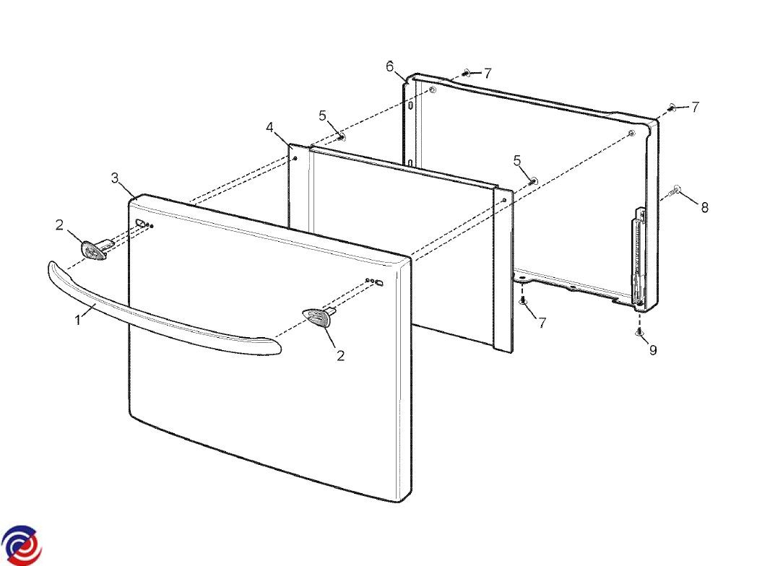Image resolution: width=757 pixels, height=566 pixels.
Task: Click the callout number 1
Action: pos(78,319)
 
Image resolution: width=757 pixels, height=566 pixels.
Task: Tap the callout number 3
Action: pos(115,178)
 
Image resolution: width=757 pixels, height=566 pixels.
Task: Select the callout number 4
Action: pos(269,128)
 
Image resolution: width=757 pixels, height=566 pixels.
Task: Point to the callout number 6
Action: pos(390,66)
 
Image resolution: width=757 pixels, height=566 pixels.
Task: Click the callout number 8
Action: pos(705,207)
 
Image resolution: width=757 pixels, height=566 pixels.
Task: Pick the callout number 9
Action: pos(653,350)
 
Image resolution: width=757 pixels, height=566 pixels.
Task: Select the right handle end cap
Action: pos(319,316)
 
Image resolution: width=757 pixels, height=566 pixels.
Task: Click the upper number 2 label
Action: pos(59,225)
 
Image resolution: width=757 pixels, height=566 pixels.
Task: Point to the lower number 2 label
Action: pos(340,356)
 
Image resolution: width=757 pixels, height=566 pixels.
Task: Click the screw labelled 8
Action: pos(674,191)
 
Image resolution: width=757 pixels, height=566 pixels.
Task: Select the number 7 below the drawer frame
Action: pos(542,323)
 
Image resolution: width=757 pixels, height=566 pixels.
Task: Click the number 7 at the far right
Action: pos(695,107)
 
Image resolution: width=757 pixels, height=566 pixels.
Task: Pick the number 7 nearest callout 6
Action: pos(488,74)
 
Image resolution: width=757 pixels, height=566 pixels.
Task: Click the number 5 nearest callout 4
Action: pos(322,116)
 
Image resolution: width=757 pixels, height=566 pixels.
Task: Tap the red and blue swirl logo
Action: pos(21,545)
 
